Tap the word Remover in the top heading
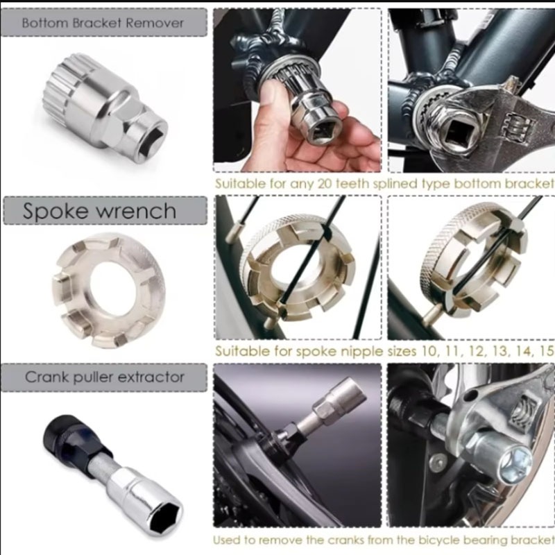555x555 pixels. click(155, 23)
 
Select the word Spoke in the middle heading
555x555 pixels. click(55, 211)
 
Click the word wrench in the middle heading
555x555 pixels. click(136, 212)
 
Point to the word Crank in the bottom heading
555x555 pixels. click(47, 377)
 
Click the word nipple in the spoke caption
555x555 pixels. click(357, 352)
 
